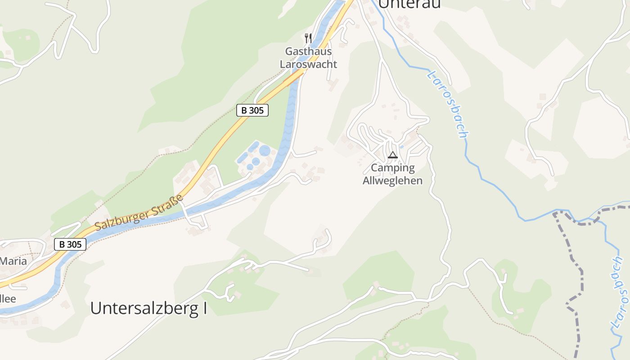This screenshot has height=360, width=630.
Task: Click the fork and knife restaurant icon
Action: tap(308, 38)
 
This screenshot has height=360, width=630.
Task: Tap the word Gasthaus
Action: tap(308, 51)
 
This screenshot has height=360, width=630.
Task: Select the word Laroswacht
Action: tap(308, 64)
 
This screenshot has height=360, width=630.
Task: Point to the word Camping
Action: tap(393, 168)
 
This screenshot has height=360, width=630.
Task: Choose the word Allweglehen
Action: tap(393, 181)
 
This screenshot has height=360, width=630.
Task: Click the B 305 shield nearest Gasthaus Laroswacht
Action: tap(252, 110)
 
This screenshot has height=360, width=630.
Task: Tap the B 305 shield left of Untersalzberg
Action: tap(70, 244)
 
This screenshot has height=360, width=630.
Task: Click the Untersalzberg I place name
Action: tap(148, 308)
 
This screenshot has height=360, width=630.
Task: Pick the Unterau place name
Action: tap(409, 4)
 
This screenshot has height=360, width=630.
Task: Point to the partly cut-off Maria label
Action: tap(13, 261)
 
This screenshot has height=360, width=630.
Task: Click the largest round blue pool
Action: tap(265, 150)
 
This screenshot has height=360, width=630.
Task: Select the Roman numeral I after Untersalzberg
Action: tap(204, 308)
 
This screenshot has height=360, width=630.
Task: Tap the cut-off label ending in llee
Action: tap(8, 299)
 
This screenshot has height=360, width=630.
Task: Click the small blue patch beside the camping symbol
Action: tap(402, 146)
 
